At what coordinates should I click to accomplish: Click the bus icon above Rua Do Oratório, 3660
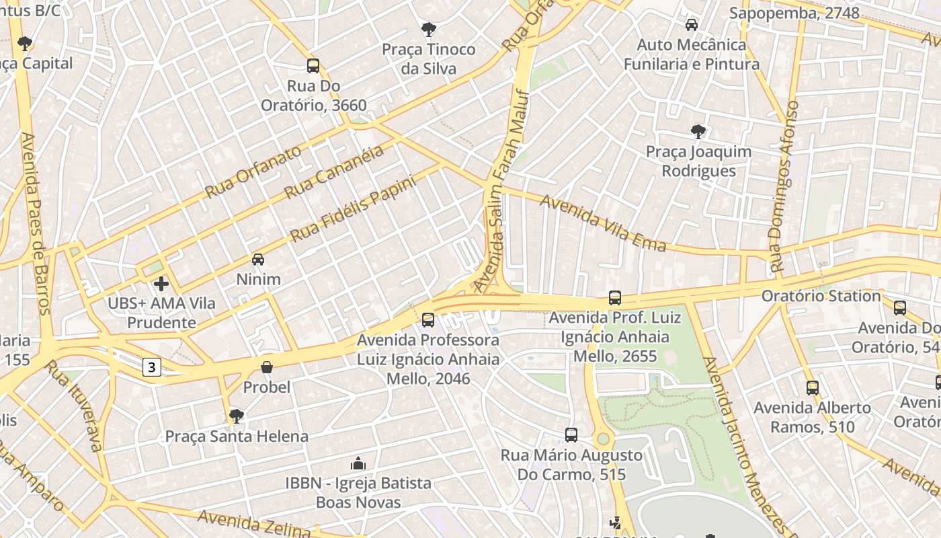[313, 66]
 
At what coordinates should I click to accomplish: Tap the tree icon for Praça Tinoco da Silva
[428, 30]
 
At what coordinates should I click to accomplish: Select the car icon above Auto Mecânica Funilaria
[691, 25]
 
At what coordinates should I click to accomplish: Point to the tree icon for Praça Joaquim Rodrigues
[698, 131]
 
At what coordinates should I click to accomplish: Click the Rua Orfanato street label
[253, 172]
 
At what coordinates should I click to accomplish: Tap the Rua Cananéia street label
[334, 171]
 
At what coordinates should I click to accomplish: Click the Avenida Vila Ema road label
[603, 223]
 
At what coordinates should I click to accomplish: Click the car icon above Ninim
[258, 260]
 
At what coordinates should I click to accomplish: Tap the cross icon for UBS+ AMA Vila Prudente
[161, 284]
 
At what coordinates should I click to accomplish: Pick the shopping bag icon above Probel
[267, 367]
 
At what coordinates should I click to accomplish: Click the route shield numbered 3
[153, 367]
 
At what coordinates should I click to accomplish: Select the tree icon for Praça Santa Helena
[236, 416]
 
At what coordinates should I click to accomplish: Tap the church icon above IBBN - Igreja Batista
[358, 463]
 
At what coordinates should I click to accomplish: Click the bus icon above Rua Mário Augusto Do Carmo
[571, 435]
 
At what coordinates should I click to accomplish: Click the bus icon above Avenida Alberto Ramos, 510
[813, 388]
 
